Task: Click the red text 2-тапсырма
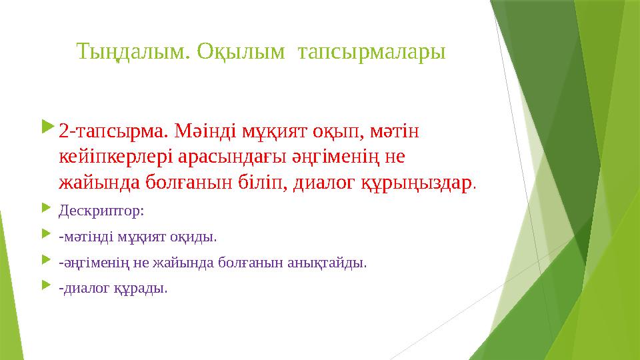coord(113,131)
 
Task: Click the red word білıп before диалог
coord(265,183)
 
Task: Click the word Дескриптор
coord(100,211)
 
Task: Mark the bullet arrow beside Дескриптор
coord(46,208)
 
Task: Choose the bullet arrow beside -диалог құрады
coord(46,285)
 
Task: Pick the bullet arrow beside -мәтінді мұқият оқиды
coord(46,234)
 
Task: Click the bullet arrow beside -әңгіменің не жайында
coord(46,259)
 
